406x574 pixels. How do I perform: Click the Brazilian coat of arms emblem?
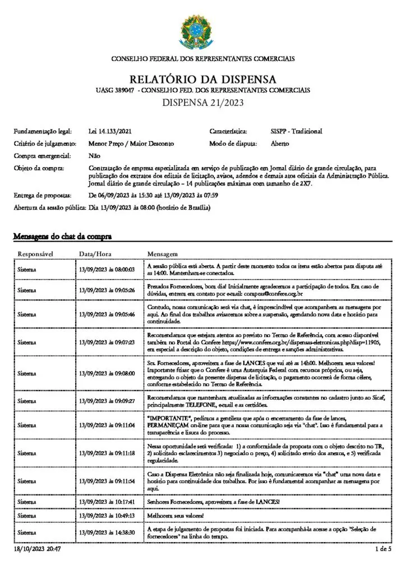click(x=203, y=31)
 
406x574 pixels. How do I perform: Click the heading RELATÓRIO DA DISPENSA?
click(x=203, y=78)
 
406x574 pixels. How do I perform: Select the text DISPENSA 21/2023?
click(x=203, y=102)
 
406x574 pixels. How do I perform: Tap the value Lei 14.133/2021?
click(x=110, y=132)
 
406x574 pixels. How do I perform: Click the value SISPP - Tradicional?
click(x=296, y=132)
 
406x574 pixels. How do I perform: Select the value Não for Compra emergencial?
click(x=94, y=155)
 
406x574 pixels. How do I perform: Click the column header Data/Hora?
click(x=95, y=253)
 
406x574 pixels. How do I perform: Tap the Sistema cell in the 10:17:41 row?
click(x=27, y=501)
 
